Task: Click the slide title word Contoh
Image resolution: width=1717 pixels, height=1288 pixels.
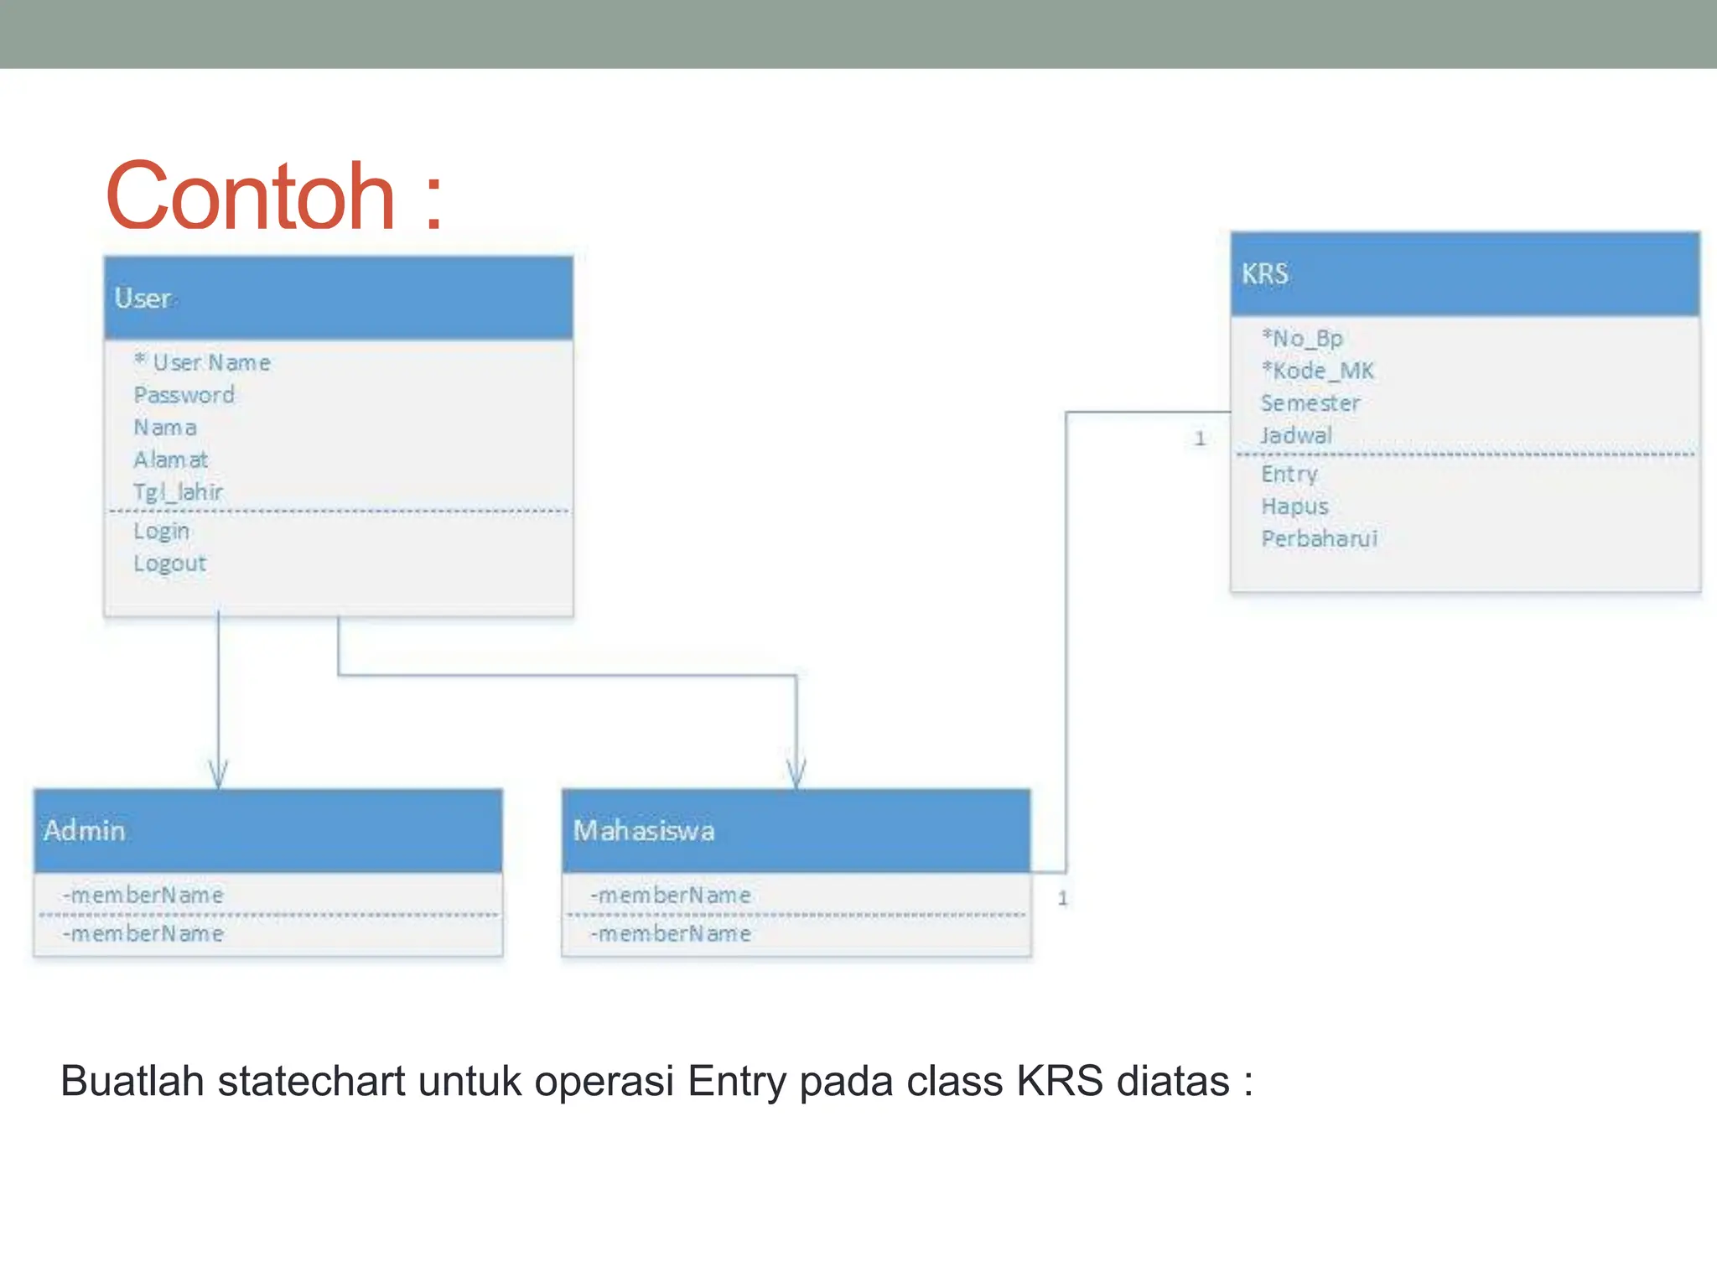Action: click(250, 197)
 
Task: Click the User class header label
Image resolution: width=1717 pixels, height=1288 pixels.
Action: click(143, 299)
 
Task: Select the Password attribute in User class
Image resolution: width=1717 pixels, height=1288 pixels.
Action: click(184, 395)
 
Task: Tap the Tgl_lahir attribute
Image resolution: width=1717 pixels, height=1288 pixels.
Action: click(178, 491)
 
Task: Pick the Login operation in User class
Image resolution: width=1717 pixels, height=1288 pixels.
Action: click(161, 531)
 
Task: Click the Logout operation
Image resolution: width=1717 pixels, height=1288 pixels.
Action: click(169, 563)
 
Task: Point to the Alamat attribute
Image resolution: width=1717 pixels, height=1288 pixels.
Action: click(170, 460)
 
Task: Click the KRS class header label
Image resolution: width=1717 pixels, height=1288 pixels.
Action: click(1264, 274)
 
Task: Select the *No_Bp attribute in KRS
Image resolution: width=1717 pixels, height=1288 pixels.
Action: click(1302, 339)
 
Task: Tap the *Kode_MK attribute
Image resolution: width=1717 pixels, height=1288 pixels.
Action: click(1317, 371)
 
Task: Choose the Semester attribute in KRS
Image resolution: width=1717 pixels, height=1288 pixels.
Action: click(1310, 403)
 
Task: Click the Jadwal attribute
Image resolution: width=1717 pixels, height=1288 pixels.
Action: click(1296, 436)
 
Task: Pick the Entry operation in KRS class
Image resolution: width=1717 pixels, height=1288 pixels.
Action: click(1289, 475)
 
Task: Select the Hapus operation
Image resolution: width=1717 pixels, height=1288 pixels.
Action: click(1294, 506)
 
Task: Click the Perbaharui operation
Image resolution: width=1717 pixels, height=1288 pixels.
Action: click(1319, 539)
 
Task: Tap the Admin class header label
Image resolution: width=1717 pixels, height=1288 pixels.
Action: click(85, 831)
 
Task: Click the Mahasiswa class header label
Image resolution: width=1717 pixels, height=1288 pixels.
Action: click(644, 831)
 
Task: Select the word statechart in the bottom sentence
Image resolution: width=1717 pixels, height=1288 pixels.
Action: click(311, 1081)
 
